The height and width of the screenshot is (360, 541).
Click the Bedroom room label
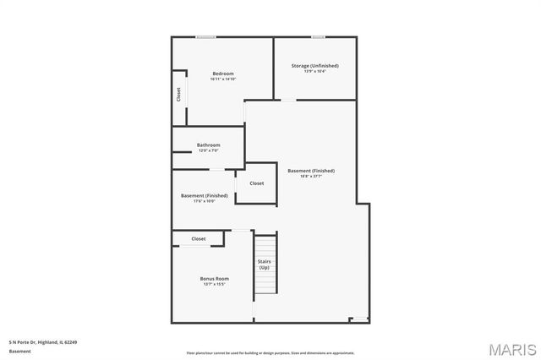point(223,74)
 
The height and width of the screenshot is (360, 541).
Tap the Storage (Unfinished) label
point(314,65)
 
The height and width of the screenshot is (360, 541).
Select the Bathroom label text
point(209,145)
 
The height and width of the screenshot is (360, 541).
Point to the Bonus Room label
point(214,278)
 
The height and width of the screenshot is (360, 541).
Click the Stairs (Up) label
point(265,265)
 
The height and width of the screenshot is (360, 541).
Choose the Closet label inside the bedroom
point(179,95)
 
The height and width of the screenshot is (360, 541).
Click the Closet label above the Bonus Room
point(199,238)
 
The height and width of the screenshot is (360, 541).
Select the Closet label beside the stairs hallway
point(256,183)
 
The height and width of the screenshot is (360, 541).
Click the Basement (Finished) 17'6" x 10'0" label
point(204,195)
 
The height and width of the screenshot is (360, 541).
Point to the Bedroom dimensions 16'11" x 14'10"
point(223,79)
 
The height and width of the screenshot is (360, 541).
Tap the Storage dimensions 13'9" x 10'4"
point(314,70)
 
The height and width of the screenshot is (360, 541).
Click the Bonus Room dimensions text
point(214,284)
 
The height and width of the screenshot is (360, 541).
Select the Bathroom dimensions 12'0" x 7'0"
point(209,150)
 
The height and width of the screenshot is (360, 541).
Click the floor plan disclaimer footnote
point(270,353)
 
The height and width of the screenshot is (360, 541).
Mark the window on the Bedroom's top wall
point(205,36)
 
